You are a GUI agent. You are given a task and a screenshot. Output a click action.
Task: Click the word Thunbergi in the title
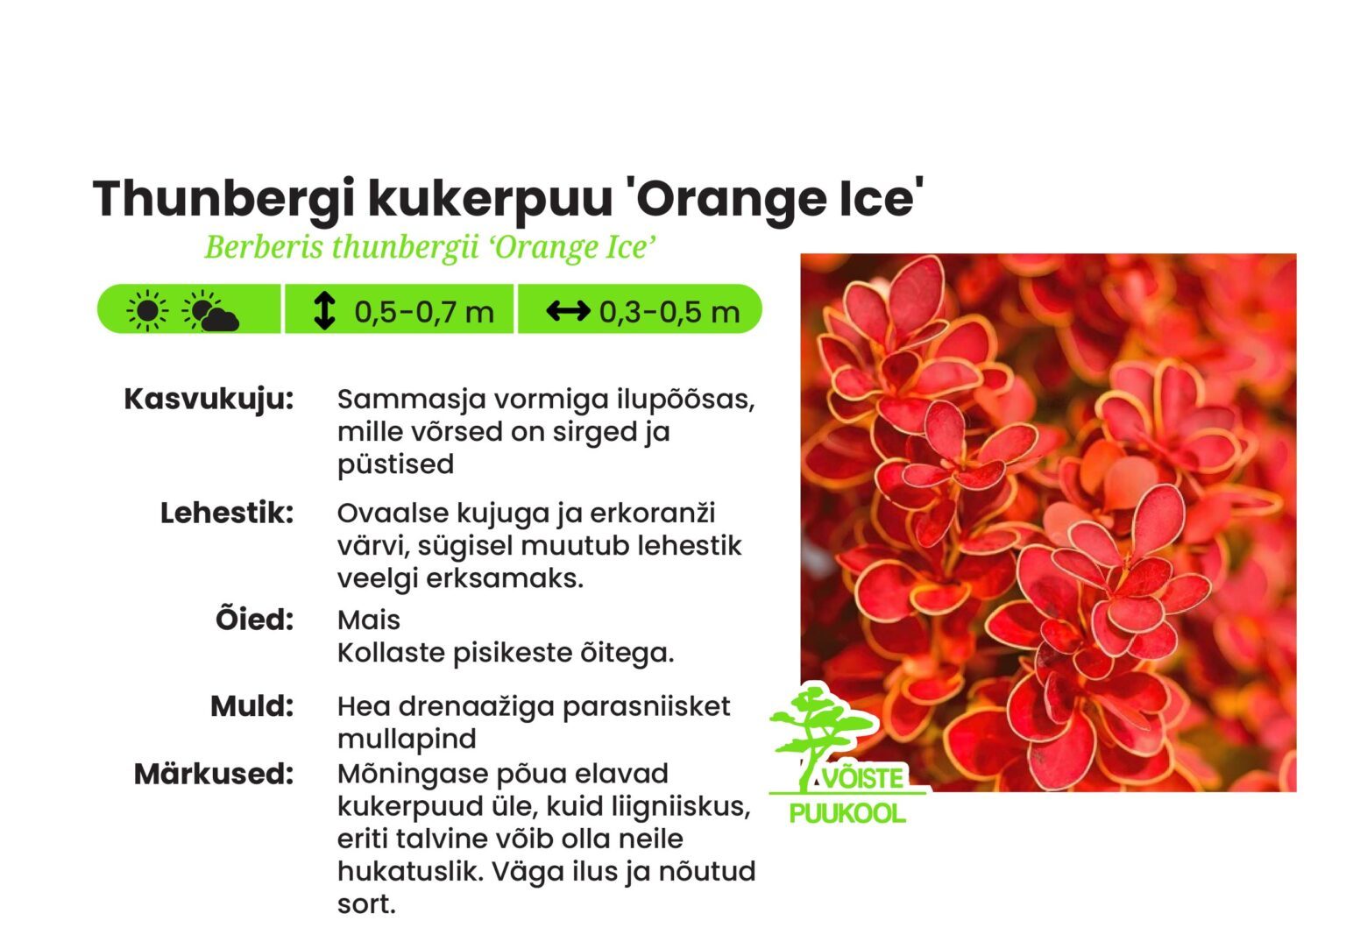click(223, 198)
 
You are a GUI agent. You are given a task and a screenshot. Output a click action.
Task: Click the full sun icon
click(147, 311)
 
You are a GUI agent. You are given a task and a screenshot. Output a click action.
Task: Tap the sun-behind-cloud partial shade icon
click(210, 312)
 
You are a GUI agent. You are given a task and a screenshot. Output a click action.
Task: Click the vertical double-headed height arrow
click(324, 311)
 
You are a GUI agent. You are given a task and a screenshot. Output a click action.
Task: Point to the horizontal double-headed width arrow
click(568, 311)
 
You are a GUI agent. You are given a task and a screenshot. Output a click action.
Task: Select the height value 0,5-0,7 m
click(424, 312)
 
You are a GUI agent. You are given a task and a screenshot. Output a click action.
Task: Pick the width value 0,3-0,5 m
click(669, 312)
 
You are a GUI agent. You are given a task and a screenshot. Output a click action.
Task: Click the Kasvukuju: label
click(209, 399)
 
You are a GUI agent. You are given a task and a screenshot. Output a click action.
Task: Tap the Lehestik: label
click(226, 513)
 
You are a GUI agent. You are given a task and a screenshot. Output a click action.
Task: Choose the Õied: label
click(254, 620)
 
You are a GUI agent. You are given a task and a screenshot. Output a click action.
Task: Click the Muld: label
click(251, 705)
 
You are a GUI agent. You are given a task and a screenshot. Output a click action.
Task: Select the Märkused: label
click(213, 774)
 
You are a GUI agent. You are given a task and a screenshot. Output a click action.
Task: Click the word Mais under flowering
click(369, 620)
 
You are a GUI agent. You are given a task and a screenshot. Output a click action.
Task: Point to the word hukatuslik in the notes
click(408, 871)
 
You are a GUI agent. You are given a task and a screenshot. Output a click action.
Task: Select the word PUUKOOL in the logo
click(847, 813)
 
